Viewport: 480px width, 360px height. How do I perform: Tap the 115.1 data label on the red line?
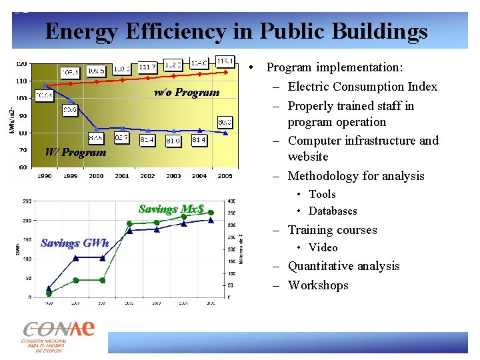click(225, 61)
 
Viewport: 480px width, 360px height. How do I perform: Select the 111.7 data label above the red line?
click(148, 66)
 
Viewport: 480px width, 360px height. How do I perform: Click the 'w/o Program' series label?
click(186, 92)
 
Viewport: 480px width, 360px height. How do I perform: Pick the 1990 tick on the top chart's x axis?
click(44, 176)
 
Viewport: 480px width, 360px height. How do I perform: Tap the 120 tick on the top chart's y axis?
click(21, 64)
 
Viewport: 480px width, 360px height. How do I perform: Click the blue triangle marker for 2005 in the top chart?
click(227, 133)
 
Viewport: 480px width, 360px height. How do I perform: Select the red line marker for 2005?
click(227, 71)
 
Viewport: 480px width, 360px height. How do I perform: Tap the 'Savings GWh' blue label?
click(74, 243)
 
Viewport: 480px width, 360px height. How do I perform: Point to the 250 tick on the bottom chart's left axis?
click(27, 201)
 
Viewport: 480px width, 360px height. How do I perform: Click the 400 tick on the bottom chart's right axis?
click(231, 201)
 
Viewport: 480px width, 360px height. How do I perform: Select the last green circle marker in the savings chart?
click(211, 213)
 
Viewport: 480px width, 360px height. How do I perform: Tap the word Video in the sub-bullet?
click(323, 247)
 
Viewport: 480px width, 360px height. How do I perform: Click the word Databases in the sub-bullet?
click(333, 211)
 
